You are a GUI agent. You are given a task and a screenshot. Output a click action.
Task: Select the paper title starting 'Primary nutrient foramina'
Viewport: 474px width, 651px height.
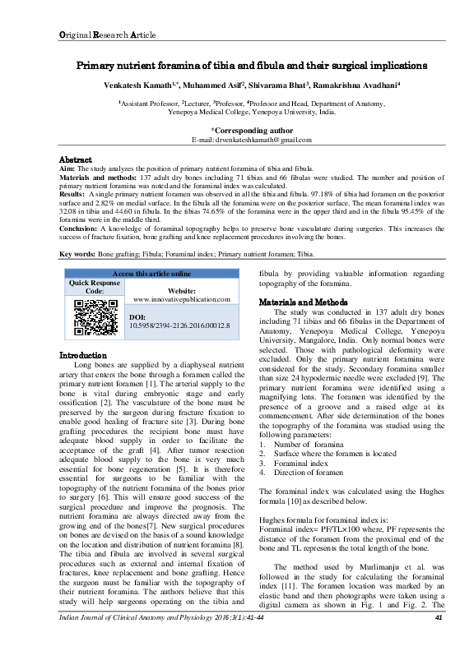coord(251,65)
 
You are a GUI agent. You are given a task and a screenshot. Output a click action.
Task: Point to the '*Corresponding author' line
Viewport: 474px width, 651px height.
coord(251,130)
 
